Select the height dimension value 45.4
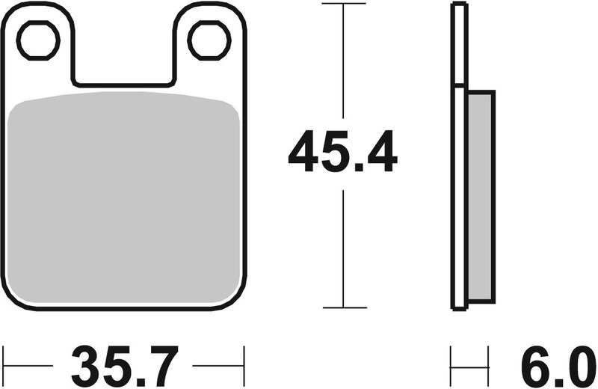[x=342, y=152]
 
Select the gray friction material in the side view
[x=480, y=198]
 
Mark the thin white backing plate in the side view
[x=458, y=157]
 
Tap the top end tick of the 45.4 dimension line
[x=343, y=4]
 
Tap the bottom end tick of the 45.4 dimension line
[x=343, y=307]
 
